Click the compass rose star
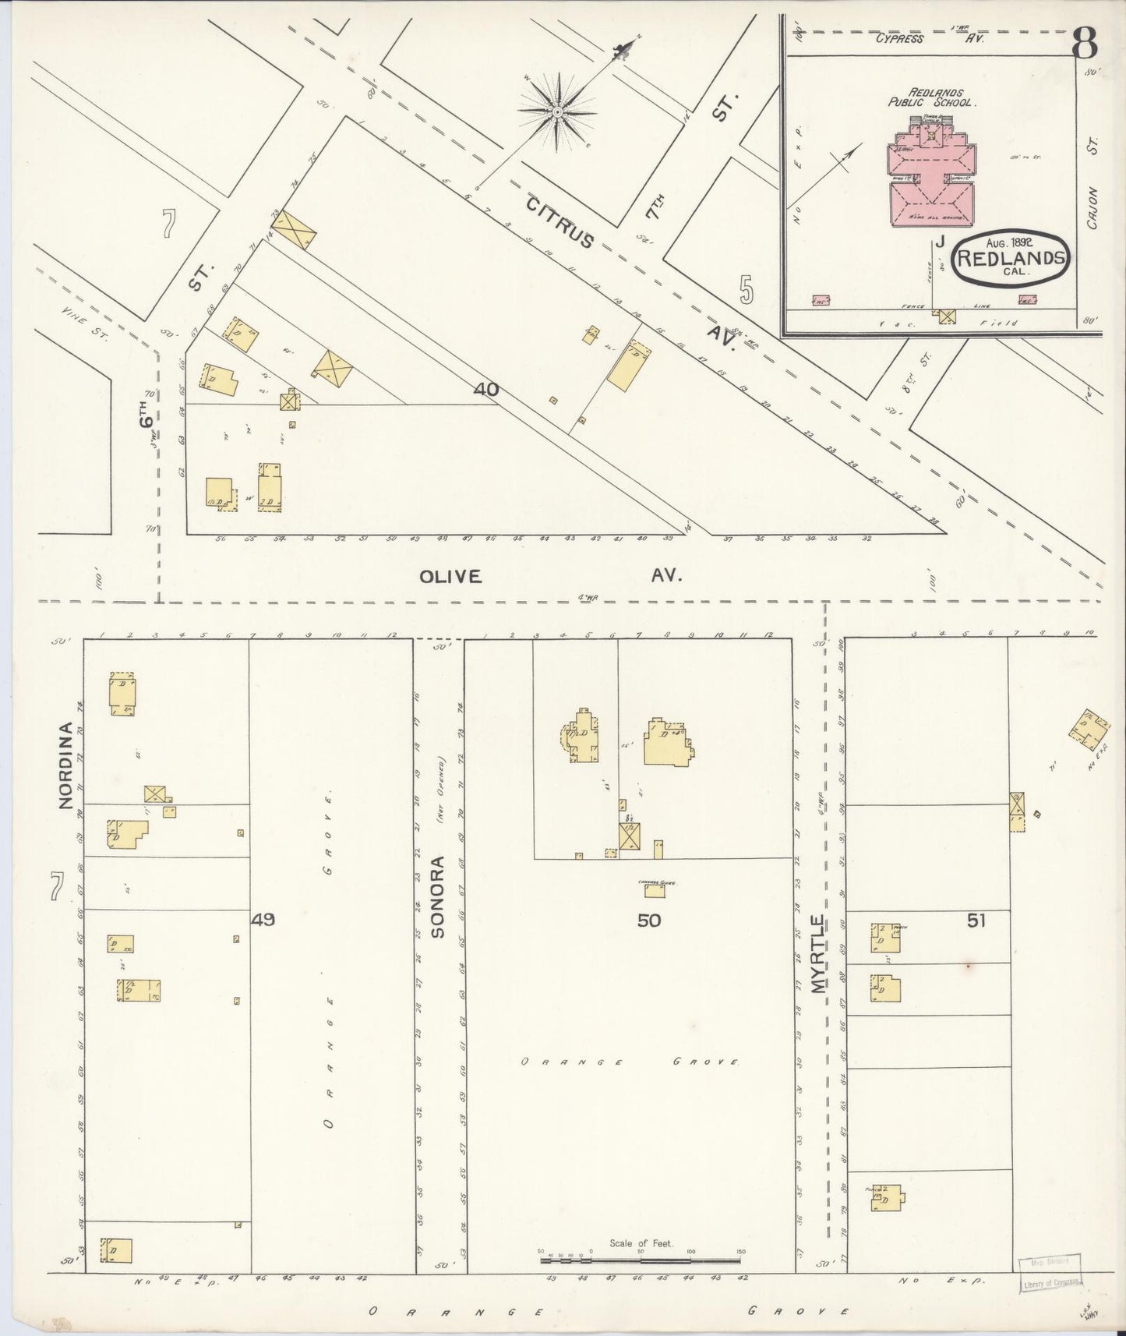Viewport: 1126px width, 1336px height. pyautogui.click(x=558, y=113)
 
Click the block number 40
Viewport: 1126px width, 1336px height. pyautogui.click(x=485, y=389)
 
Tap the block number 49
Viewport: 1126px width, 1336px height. pyautogui.click(x=263, y=920)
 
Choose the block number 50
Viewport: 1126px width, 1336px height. pyautogui.click(x=648, y=921)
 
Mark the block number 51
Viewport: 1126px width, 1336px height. pyautogui.click(x=976, y=921)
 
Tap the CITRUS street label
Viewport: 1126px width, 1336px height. pyautogui.click(x=560, y=223)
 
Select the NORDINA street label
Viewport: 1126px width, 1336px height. pyautogui.click(x=65, y=766)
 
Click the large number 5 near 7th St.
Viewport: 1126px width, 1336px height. pyautogui.click(x=747, y=290)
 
